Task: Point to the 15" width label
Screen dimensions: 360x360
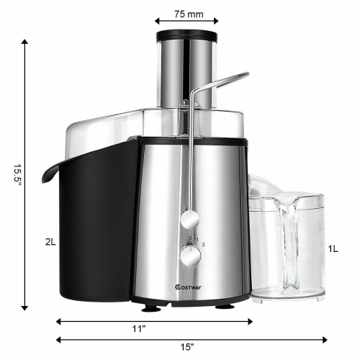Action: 187,346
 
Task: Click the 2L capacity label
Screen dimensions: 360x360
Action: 50,243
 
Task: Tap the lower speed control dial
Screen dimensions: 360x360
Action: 191,255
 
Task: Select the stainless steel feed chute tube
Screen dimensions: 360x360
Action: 185,72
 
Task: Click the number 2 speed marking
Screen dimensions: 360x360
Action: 204,246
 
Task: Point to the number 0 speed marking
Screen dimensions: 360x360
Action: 189,238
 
